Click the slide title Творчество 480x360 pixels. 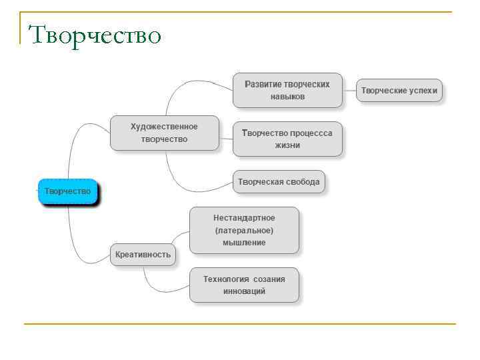[95, 34]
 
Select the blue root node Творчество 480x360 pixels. [68, 191]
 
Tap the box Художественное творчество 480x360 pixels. [164, 133]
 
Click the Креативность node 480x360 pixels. [143, 254]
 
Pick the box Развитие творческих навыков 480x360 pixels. [287, 91]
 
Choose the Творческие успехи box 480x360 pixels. [399, 90]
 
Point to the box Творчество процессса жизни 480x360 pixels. [287, 139]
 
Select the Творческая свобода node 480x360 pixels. [279, 181]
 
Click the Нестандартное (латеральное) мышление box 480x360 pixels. [244, 230]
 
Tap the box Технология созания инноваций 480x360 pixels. [244, 285]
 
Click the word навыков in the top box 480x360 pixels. [287, 97]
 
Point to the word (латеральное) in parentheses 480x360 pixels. [244, 231]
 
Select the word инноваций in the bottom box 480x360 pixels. [244, 291]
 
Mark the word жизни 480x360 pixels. [287, 145]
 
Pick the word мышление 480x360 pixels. [244, 243]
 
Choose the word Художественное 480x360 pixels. [164, 127]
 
